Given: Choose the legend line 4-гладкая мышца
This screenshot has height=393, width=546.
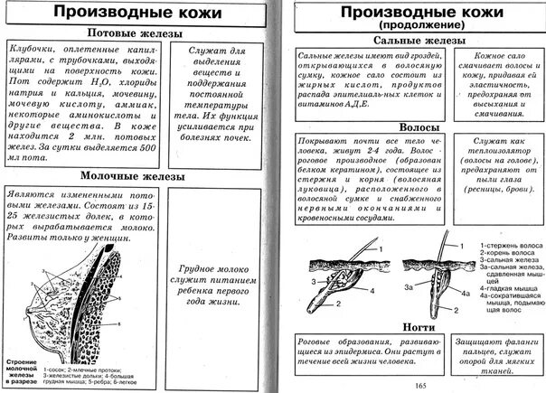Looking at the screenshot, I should tap(508, 286).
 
